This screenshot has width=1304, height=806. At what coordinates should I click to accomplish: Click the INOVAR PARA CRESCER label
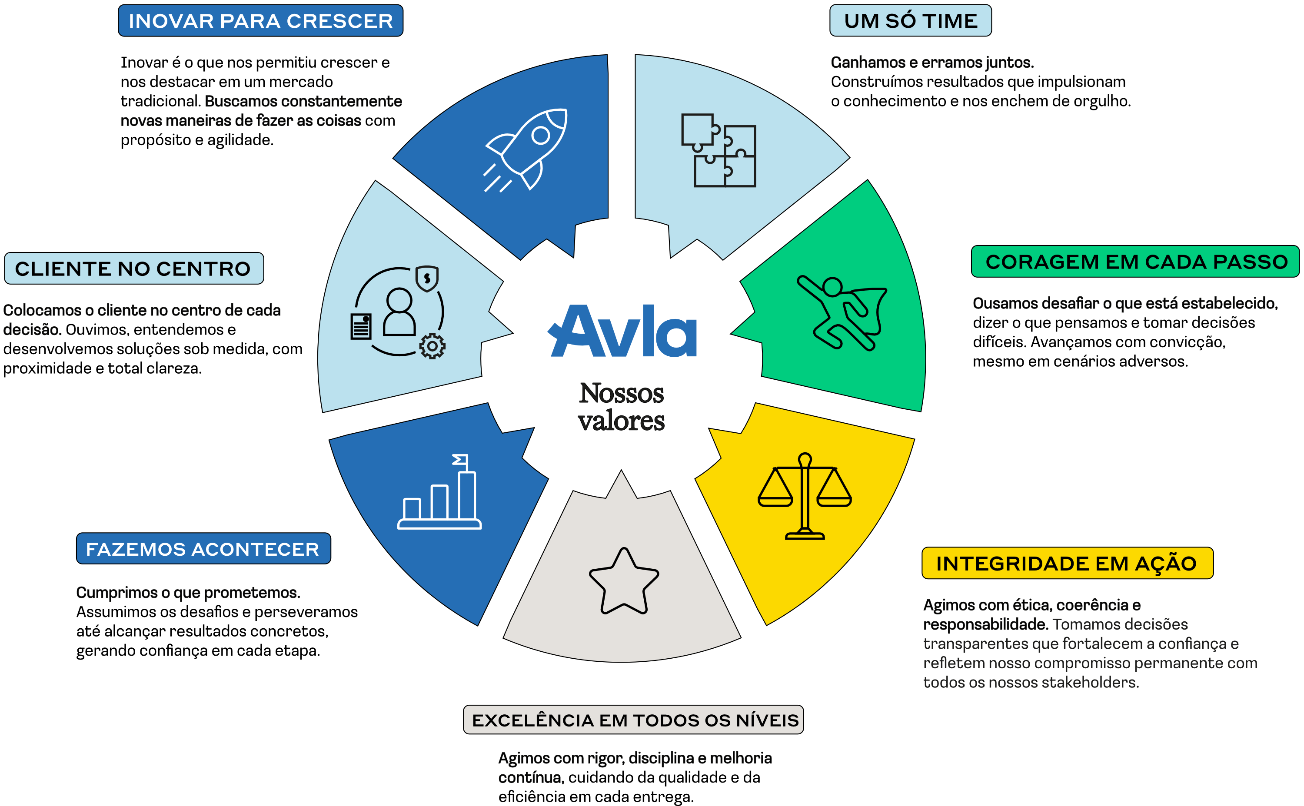point(260,21)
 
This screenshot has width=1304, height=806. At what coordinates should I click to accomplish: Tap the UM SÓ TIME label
point(910,21)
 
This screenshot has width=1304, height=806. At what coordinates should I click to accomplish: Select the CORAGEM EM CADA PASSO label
point(1135,262)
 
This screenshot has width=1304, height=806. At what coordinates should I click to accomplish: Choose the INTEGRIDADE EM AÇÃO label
point(1067,563)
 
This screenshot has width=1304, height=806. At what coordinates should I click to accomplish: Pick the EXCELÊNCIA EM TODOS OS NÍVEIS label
point(633,720)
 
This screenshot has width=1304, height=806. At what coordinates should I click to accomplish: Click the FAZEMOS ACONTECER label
point(203,548)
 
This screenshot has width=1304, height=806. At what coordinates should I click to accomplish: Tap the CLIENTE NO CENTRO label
point(134,268)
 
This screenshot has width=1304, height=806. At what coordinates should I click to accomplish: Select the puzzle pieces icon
point(719,150)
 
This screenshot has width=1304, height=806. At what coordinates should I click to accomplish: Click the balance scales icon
point(805,496)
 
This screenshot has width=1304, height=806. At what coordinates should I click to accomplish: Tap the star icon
point(624,581)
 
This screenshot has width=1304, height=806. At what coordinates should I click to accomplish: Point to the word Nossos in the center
point(622,393)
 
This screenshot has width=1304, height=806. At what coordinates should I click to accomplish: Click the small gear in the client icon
point(432,346)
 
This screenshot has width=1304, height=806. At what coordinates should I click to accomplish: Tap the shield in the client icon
point(426,278)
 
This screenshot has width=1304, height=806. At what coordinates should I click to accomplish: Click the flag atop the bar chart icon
point(460,460)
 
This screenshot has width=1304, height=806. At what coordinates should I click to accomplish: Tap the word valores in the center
point(622,421)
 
